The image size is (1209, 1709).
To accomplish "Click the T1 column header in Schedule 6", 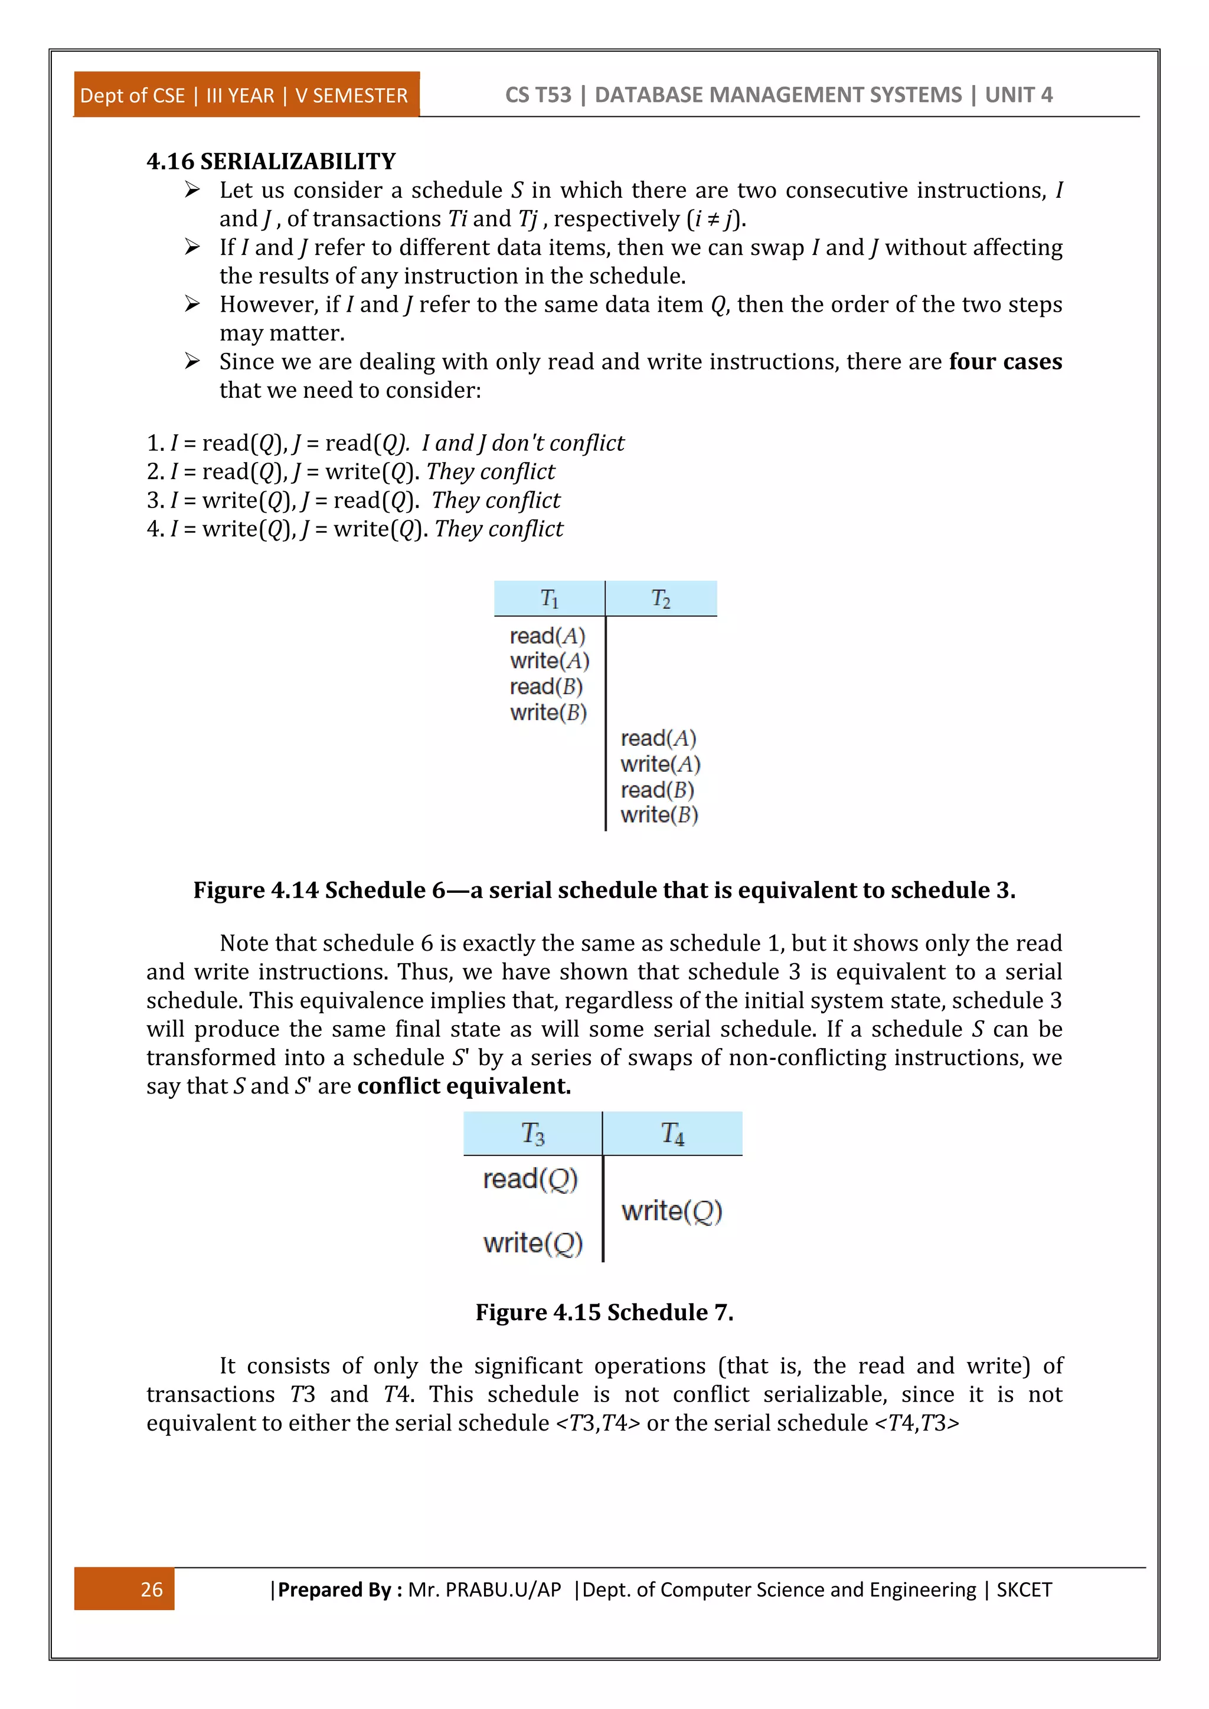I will pos(550,598).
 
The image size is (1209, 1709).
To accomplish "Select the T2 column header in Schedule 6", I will pos(661,598).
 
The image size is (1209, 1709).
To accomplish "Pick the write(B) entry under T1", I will pos(548,712).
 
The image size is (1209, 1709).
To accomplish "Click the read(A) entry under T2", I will pos(658,738).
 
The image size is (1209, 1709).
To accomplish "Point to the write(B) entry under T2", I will pos(659,815).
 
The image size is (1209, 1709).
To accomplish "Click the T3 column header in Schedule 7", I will pos(532,1134).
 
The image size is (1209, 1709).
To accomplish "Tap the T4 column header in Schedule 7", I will pos(672,1134).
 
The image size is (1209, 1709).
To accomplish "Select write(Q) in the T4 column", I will pos(671,1211).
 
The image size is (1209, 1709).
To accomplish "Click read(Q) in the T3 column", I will pos(530,1179).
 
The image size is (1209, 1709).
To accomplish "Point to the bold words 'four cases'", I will pos(1005,362).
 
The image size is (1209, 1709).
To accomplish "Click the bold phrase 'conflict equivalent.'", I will pos(464,1086).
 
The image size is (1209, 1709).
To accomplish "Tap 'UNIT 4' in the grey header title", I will pos(1018,95).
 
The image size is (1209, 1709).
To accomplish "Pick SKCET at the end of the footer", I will pos(1024,1590).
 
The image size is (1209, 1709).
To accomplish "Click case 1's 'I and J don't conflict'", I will pos(522,443).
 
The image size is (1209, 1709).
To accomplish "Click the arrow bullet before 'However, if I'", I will pos(192,305).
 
